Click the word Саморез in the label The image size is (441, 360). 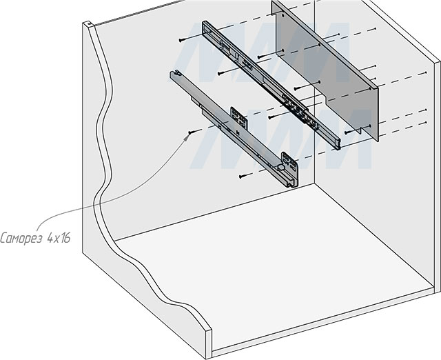click(x=22, y=238)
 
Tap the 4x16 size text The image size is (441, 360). click(x=59, y=238)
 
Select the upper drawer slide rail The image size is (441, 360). click(x=269, y=83)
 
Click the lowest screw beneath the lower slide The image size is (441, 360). click(x=242, y=177)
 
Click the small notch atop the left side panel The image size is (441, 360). click(x=88, y=26)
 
